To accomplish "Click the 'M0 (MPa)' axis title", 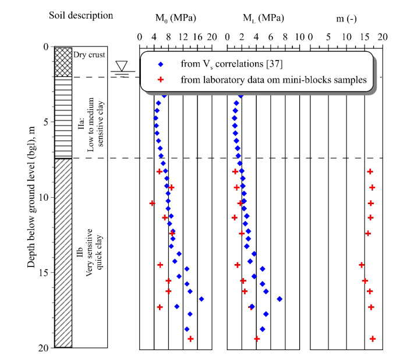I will pyautogui.click(x=175, y=18).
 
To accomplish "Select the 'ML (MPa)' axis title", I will pyautogui.click(x=263, y=18).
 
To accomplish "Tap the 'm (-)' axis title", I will pyautogui.click(x=346, y=18).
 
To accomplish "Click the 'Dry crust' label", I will pyautogui.click(x=87, y=55).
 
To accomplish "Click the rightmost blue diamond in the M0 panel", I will pyautogui.click(x=201, y=299).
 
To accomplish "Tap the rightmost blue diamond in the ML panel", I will pyautogui.click(x=279, y=299).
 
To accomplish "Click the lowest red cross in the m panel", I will pyautogui.click(x=373, y=338).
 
